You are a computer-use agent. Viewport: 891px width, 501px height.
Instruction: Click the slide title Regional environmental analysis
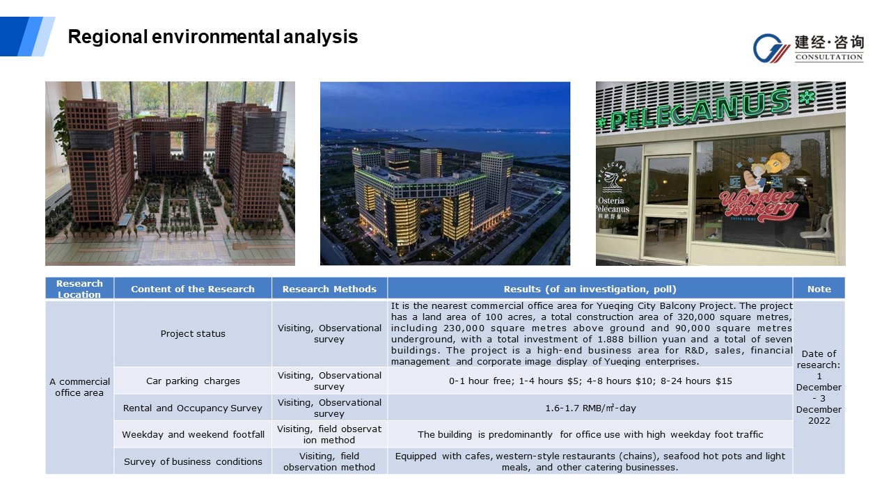(x=213, y=37)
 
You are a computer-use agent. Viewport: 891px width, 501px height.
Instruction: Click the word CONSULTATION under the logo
(x=829, y=57)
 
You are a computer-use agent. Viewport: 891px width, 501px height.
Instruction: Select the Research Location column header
(x=79, y=289)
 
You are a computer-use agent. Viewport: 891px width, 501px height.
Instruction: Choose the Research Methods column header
(x=329, y=289)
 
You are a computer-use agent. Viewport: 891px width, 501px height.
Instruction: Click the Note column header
(x=819, y=289)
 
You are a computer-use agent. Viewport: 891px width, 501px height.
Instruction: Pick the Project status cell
(x=193, y=333)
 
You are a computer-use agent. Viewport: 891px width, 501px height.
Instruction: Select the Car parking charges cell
(x=193, y=381)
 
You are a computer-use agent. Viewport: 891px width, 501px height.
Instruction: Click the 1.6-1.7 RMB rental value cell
(x=590, y=408)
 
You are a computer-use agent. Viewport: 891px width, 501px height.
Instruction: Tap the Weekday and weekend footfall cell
(x=193, y=435)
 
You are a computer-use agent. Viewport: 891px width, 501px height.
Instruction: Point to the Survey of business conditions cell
(x=193, y=461)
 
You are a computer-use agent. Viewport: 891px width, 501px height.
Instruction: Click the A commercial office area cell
(x=79, y=388)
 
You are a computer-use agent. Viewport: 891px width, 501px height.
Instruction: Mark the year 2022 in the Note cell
(x=819, y=421)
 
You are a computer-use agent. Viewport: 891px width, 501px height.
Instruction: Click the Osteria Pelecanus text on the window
(x=613, y=205)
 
